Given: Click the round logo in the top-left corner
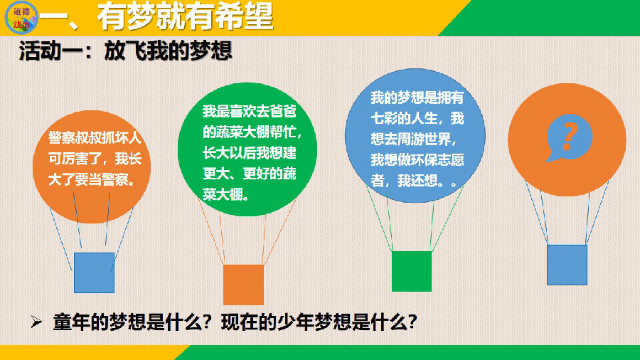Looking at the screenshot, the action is point(21,18).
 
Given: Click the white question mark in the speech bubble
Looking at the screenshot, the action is point(570,137).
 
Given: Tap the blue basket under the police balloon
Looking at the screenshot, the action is point(94,272).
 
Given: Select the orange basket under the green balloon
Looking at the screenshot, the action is point(243,285).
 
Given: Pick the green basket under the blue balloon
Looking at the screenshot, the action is point(412,272).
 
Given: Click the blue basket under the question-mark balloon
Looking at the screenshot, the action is point(567,265).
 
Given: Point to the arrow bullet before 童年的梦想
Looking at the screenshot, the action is point(36,322).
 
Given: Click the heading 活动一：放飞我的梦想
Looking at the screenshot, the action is point(125,51).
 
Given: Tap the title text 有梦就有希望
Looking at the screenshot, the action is point(185,17).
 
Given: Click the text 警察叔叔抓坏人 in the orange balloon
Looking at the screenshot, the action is point(95,137).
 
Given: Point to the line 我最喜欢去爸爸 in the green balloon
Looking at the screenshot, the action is point(250,111).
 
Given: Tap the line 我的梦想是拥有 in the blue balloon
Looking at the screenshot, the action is point(417,97).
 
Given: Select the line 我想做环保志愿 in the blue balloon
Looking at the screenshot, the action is point(417,159).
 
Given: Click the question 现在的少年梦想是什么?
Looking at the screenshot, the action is point(319,322).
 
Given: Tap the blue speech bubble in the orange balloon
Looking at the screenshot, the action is point(569,137).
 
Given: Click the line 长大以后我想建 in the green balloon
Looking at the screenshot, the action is point(250,153).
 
